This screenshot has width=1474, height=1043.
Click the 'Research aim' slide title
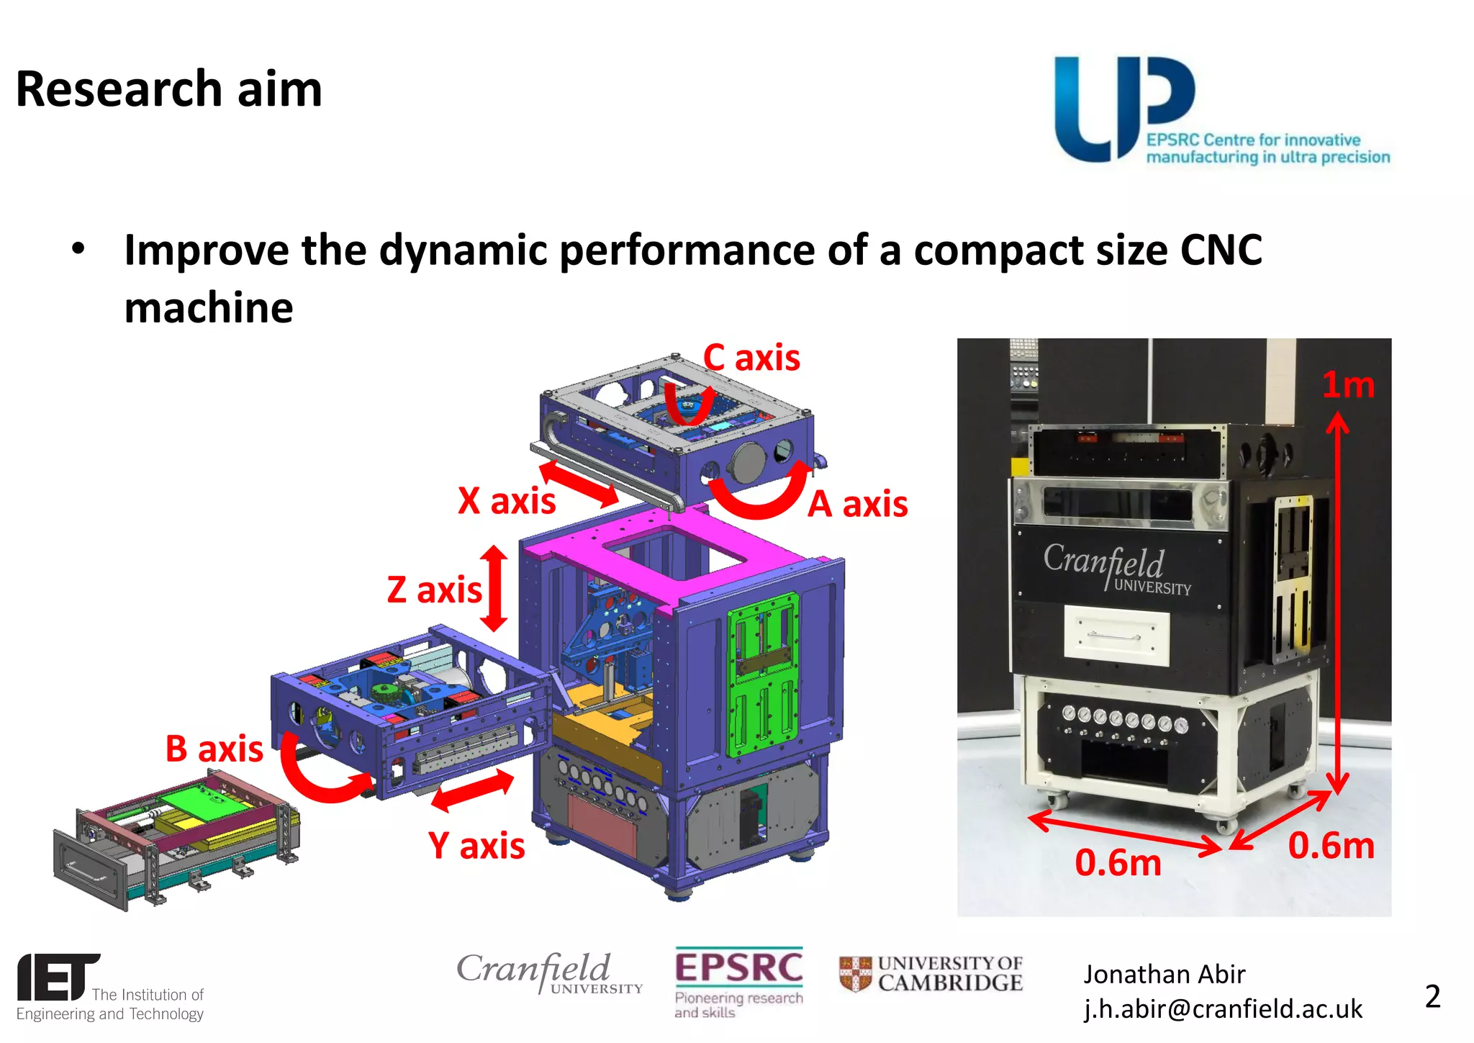pyautogui.click(x=169, y=89)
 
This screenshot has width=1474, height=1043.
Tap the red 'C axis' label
pyautogui.click(x=751, y=358)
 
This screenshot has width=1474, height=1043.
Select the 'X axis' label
pyautogui.click(x=507, y=500)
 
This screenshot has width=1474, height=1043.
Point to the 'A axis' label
pyautogui.click(x=857, y=504)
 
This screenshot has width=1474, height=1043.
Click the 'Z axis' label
pyautogui.click(x=434, y=590)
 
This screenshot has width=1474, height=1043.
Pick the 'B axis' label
pyautogui.click(x=214, y=749)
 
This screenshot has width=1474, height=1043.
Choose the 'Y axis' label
pyautogui.click(x=476, y=846)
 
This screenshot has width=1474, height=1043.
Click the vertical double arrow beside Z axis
pyautogui.click(x=494, y=588)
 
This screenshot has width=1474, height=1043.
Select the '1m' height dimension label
pyautogui.click(x=1348, y=385)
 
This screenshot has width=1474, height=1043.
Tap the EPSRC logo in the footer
pyautogui.click(x=738, y=968)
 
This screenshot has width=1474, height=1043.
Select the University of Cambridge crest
pyautogui.click(x=855, y=974)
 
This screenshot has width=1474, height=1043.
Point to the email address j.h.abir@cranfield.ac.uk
pyautogui.click(x=1223, y=1009)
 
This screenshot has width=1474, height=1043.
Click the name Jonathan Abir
pyautogui.click(x=1164, y=974)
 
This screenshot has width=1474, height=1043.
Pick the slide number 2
pyautogui.click(x=1432, y=996)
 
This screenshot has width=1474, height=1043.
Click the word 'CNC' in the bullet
pyautogui.click(x=1221, y=250)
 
